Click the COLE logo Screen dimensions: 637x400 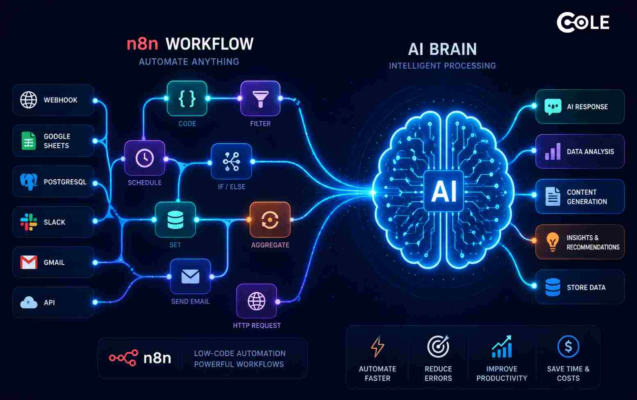click(x=583, y=22)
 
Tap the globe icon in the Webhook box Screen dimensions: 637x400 click(x=28, y=100)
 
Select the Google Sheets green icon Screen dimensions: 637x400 click(x=28, y=140)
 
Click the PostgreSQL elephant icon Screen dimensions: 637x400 click(x=28, y=181)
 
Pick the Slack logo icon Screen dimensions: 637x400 click(x=28, y=222)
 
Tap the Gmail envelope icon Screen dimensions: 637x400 click(x=28, y=262)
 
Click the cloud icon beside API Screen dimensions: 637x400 click(x=28, y=303)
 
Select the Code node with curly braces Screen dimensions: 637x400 click(x=187, y=98)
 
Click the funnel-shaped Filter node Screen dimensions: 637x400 click(x=260, y=98)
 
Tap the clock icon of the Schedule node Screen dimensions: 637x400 click(x=144, y=158)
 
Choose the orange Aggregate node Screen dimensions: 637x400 click(x=270, y=219)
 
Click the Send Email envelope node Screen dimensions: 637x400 click(x=190, y=276)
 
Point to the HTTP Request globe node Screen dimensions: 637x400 click(x=257, y=301)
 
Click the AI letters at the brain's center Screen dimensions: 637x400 click(x=444, y=191)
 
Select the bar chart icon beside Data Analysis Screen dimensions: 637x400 click(x=553, y=152)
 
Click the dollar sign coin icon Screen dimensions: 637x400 click(x=568, y=346)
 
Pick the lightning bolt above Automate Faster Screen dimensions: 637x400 click(x=378, y=346)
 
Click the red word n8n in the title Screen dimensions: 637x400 click(x=142, y=44)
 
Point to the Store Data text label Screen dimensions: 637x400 click(x=586, y=287)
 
